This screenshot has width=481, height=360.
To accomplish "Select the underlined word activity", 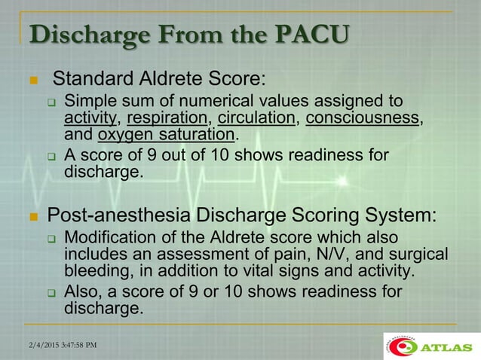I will point(91,118).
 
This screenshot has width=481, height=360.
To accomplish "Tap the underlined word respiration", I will point(167,118).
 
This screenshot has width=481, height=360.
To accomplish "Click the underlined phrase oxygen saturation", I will point(166,136).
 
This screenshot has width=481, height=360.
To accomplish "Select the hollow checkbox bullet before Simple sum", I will point(52,102).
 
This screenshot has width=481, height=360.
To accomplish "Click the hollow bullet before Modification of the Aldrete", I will point(52,239).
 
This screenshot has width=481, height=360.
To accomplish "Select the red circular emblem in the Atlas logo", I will point(406,346).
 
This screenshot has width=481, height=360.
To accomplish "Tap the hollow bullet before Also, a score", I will point(52,292).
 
